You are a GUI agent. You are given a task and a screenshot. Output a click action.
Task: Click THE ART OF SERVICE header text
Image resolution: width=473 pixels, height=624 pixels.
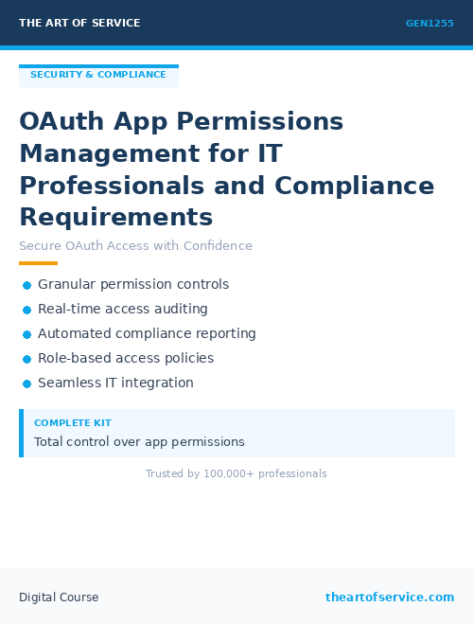(x=79, y=23)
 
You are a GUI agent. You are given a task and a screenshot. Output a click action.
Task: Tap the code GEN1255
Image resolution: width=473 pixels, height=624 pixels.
(x=429, y=23)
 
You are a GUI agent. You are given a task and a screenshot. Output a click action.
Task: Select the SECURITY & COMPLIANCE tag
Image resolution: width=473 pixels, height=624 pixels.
(x=98, y=75)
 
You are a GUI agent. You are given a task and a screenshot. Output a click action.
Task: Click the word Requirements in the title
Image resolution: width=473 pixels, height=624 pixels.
(x=115, y=217)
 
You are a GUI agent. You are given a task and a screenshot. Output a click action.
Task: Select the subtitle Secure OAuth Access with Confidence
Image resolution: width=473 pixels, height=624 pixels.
(x=135, y=246)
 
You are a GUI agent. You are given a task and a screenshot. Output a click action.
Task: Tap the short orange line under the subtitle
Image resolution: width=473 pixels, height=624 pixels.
(x=38, y=263)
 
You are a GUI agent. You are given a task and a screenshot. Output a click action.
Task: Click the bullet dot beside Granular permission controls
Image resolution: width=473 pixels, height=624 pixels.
(x=26, y=285)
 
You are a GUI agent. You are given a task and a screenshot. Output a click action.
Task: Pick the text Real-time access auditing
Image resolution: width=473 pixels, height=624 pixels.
(x=123, y=310)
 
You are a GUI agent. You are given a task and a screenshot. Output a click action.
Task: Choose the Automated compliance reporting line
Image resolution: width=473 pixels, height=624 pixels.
(x=147, y=334)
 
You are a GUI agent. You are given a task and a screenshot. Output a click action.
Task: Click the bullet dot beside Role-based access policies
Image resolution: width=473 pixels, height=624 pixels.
(x=26, y=359)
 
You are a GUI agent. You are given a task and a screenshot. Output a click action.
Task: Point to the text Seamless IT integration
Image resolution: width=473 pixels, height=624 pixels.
(x=115, y=383)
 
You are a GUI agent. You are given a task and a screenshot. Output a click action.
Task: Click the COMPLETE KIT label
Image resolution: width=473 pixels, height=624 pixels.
(x=73, y=423)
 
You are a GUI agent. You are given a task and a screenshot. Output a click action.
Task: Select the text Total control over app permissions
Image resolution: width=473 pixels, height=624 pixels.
(x=139, y=442)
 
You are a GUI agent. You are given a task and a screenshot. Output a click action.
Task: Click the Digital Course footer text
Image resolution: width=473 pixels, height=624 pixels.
(x=59, y=597)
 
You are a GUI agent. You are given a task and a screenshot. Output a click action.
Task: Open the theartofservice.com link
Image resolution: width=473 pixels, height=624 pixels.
(x=390, y=597)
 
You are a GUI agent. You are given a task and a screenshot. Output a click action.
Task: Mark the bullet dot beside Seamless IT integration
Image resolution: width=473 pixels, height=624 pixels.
(x=26, y=383)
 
